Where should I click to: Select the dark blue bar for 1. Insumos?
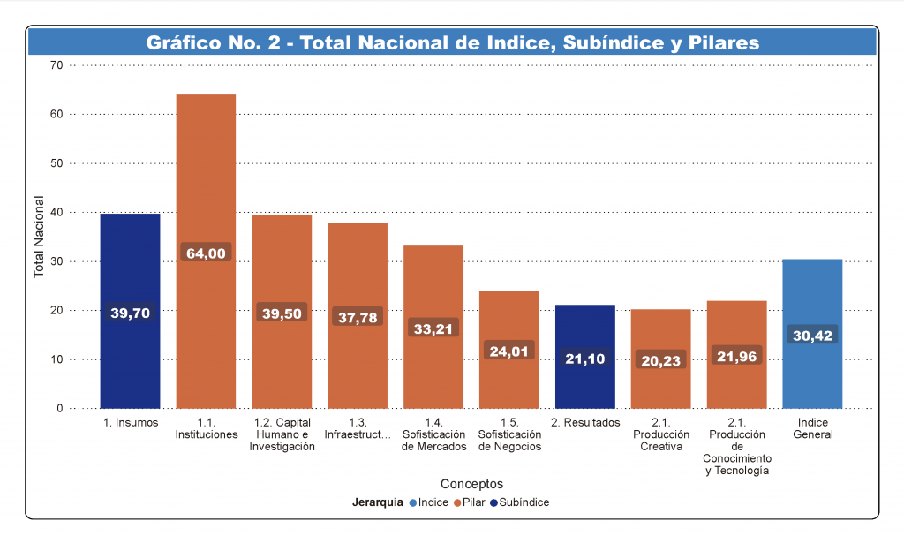pyautogui.click(x=130, y=265)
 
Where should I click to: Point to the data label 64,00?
pyautogui.click(x=206, y=253)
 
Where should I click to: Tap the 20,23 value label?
pyautogui.click(x=660, y=360)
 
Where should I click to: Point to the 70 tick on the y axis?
pyautogui.click(x=56, y=65)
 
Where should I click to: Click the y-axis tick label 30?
pyautogui.click(x=56, y=261)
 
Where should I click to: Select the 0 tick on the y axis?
pyautogui.click(x=60, y=409)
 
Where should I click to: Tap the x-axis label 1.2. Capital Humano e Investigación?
pyautogui.click(x=282, y=434)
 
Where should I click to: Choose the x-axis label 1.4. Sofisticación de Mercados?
pyautogui.click(x=433, y=434)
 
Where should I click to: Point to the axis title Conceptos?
pyautogui.click(x=471, y=484)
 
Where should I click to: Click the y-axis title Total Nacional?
pyautogui.click(x=39, y=237)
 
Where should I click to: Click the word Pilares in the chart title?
pyautogui.click(x=718, y=42)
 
